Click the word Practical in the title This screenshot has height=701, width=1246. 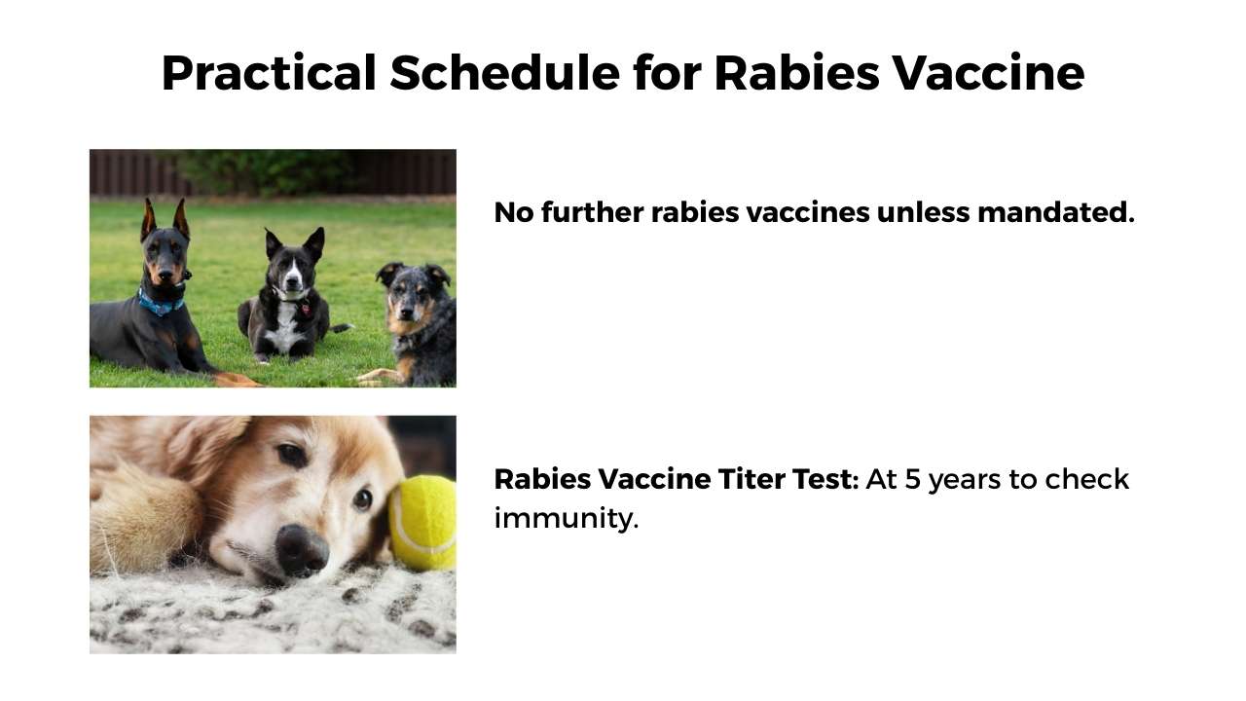coord(269,73)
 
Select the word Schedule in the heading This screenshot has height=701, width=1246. coord(504,72)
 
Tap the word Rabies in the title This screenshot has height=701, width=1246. coord(796,72)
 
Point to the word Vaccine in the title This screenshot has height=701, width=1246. coord(988,73)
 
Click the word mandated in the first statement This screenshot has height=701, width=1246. coord(1056,212)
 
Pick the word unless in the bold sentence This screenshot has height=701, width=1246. coord(923,212)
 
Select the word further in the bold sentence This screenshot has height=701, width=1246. coord(592,212)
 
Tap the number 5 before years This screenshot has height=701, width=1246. coord(913,480)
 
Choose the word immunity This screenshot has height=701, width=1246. coord(566,519)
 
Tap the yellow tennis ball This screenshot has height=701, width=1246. coord(422,523)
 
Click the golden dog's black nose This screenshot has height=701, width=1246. coord(302,550)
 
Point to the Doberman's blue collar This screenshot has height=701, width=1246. coord(161,304)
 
